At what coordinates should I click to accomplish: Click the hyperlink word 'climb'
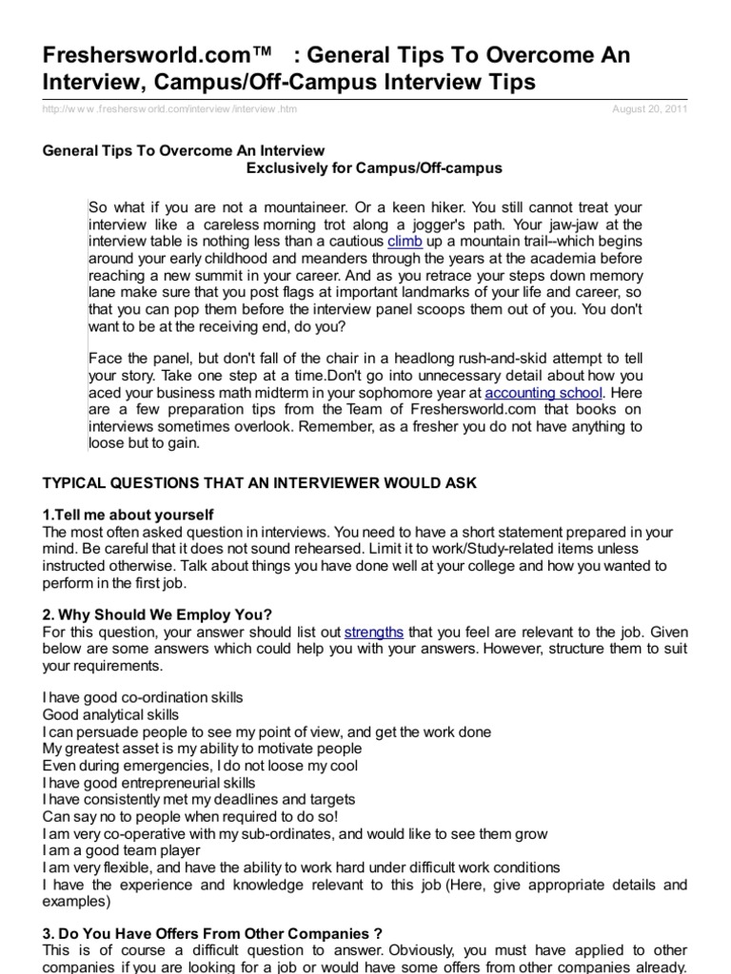point(405,242)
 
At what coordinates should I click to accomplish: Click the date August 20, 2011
point(649,109)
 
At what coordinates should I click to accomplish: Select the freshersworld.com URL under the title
point(170,109)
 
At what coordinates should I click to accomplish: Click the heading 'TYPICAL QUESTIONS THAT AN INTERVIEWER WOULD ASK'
point(260,483)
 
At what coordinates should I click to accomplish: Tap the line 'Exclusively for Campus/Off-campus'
point(374,167)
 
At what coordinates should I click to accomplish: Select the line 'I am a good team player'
point(122,850)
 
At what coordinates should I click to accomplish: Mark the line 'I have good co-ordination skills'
point(143,697)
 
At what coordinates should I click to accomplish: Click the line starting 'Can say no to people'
point(190,816)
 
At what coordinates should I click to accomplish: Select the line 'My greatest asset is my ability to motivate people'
point(202,749)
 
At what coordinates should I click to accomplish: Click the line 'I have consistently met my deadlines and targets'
point(199,799)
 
